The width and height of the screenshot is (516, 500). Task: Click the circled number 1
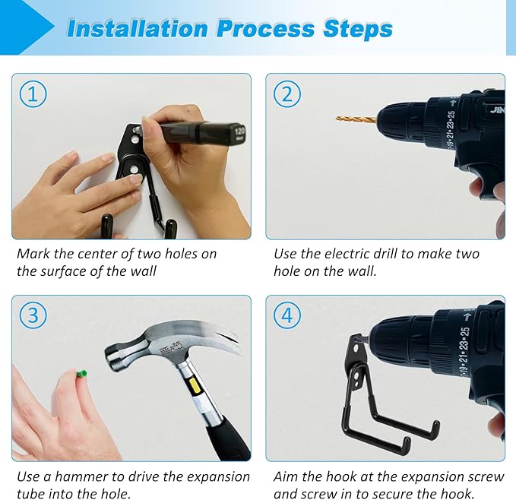pyautogui.click(x=33, y=94)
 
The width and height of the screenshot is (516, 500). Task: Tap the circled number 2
pyautogui.click(x=287, y=94)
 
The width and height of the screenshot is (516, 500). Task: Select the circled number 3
pyautogui.click(x=33, y=315)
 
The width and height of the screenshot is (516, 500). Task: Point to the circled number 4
pyautogui.click(x=287, y=315)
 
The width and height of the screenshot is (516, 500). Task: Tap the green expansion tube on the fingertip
pyautogui.click(x=81, y=375)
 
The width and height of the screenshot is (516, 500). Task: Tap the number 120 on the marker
pyautogui.click(x=239, y=132)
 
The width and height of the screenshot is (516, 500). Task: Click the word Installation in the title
pyautogui.click(x=138, y=29)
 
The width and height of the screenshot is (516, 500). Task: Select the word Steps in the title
pyautogui.click(x=358, y=29)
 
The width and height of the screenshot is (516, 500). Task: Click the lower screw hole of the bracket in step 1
pyautogui.click(x=134, y=169)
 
